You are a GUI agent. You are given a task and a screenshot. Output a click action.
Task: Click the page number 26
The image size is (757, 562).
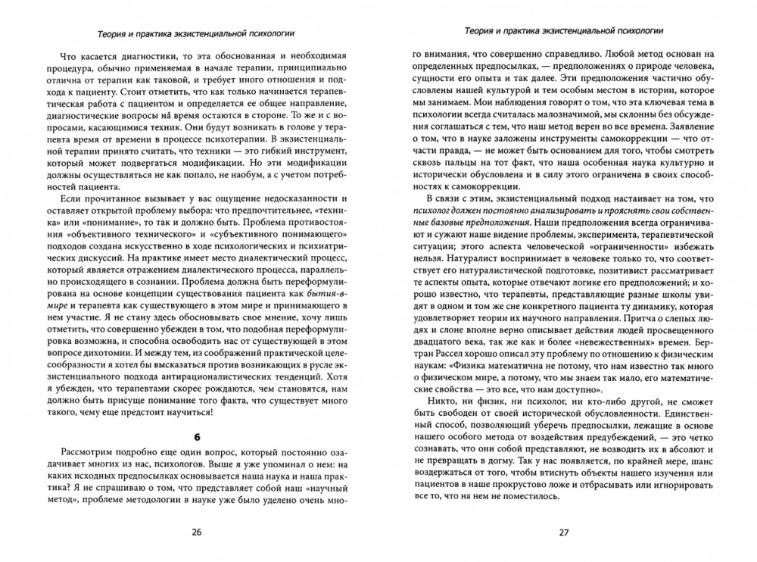click(196, 532)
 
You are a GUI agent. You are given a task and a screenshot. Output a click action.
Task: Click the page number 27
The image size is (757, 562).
click(563, 532)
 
